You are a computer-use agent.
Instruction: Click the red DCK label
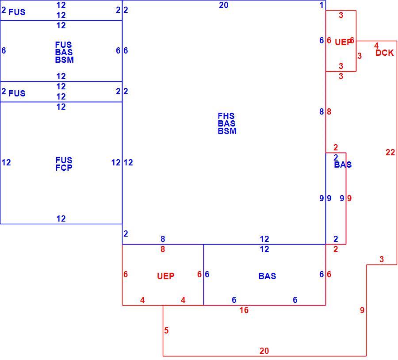point(385,53)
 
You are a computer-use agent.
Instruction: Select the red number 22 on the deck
point(390,152)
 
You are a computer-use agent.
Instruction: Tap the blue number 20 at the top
point(224,5)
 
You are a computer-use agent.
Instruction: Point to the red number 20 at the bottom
point(264,351)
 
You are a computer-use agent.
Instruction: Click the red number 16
point(244,310)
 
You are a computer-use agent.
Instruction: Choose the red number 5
point(166,330)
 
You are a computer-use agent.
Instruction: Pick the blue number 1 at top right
point(321,5)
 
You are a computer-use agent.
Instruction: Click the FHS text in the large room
point(226,116)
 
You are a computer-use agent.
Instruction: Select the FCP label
point(64,168)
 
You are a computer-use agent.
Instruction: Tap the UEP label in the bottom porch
point(166,276)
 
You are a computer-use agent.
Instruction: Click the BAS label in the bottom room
point(267,276)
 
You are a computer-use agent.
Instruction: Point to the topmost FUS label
point(17,12)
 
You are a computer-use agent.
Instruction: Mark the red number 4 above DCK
point(376,46)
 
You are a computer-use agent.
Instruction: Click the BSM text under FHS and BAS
point(227,131)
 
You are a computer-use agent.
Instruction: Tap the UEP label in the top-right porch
point(343,42)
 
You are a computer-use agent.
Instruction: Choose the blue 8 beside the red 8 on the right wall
point(321,112)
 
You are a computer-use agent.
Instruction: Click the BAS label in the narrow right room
point(343,165)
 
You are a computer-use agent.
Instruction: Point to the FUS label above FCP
point(64,160)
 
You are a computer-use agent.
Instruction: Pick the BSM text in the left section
point(65,60)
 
